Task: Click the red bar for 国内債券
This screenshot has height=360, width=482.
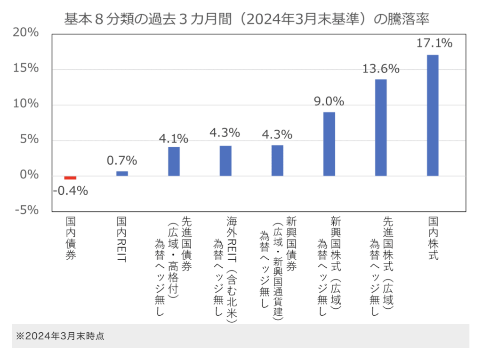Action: tap(70, 178)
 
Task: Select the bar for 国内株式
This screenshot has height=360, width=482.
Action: tap(433, 115)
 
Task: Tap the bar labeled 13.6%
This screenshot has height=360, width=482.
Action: tap(381, 128)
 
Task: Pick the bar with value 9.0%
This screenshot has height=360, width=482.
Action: tap(329, 144)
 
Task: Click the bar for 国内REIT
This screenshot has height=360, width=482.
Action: tap(122, 174)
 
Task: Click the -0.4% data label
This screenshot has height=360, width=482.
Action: tap(70, 191)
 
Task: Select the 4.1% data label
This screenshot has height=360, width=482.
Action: tap(173, 139)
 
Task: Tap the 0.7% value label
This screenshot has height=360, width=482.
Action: tap(122, 160)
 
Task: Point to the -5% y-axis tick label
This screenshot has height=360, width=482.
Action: tap(26, 210)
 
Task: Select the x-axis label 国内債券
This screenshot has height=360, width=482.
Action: tap(71, 239)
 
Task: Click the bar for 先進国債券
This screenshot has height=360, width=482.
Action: tap(174, 161)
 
